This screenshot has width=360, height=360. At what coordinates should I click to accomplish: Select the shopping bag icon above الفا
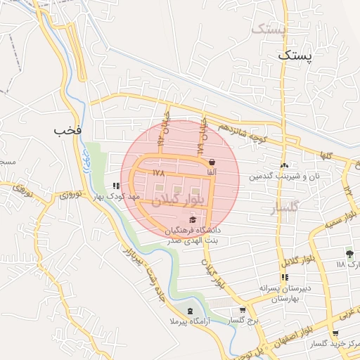[x=212, y=162]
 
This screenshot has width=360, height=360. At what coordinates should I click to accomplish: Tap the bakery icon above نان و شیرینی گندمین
[x=285, y=166]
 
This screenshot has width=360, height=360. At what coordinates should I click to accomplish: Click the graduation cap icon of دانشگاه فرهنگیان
[x=193, y=221]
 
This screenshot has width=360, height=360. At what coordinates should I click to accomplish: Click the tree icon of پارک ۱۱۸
[x=349, y=254]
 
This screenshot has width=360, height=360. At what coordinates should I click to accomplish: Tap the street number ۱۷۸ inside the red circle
[x=157, y=172]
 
